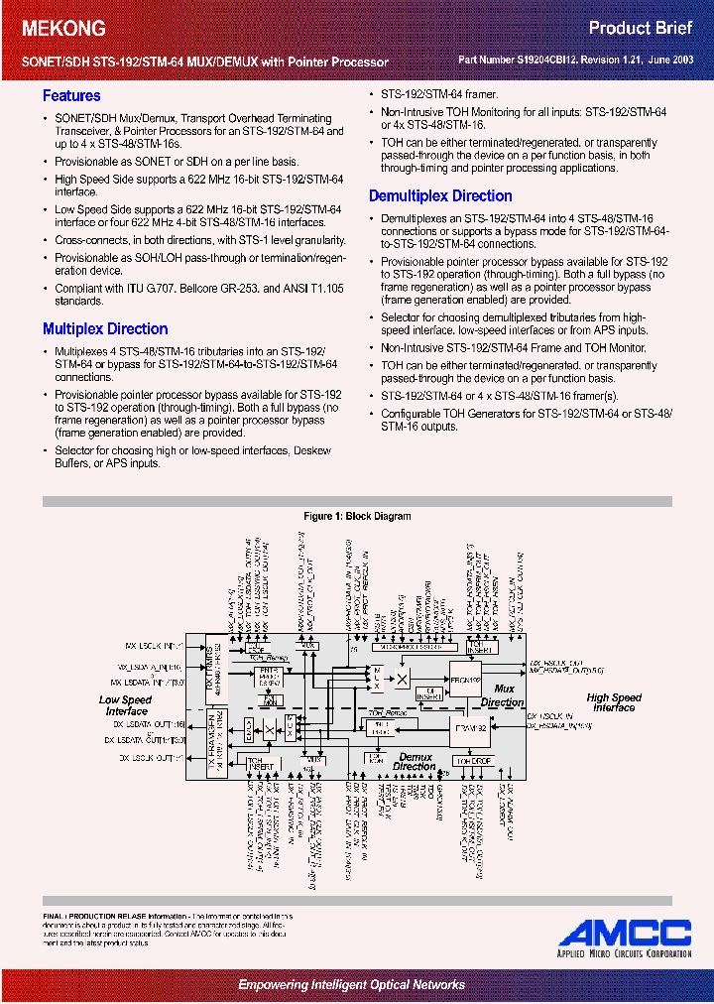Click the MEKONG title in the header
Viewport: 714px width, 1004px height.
tap(64, 29)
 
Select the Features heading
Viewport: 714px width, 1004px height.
tap(71, 96)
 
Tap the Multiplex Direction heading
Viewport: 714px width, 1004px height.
tap(105, 329)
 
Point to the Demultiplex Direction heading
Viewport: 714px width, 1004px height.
tap(440, 196)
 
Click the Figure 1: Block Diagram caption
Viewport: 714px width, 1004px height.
tap(357, 516)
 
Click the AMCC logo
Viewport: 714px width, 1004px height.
tap(625, 933)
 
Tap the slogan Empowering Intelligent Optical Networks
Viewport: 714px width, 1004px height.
tap(351, 984)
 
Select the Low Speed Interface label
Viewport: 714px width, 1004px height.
tap(126, 705)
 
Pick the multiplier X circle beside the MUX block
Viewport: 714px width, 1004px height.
tap(403, 679)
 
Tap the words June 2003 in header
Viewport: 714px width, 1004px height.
tap(674, 61)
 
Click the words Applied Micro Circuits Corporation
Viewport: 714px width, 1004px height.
tap(625, 953)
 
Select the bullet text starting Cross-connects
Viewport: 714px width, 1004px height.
tap(200, 240)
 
